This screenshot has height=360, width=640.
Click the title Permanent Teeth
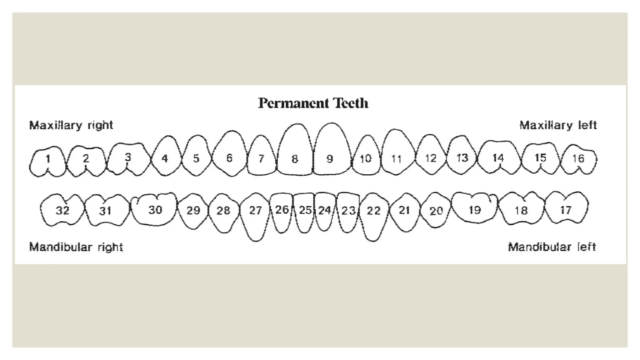pos(313,103)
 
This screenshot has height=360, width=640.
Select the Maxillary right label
pos(71,125)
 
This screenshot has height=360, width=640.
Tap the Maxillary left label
pos(558,125)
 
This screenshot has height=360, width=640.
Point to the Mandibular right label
pos(76,247)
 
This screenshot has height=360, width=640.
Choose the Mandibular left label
pos(552,247)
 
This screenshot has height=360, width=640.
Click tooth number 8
pos(295,153)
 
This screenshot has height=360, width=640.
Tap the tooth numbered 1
pos(48,161)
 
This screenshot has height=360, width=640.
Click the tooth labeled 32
pos(62,210)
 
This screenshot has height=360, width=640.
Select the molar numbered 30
pos(155,209)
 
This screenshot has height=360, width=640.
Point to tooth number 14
pos(498,158)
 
